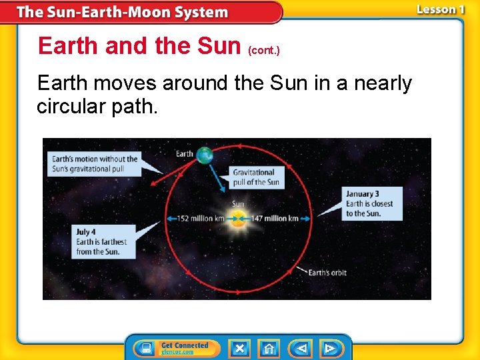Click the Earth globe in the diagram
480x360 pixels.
click(205, 155)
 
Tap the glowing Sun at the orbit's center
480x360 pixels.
click(237, 217)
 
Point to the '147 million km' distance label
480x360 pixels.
click(275, 218)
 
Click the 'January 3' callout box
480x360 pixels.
click(372, 203)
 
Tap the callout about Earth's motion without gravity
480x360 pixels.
click(95, 163)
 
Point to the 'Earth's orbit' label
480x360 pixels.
click(327, 272)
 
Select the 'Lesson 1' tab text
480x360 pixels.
click(440, 10)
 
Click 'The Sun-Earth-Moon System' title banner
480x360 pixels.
click(123, 12)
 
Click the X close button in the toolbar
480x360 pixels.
click(239, 348)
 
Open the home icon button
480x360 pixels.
click(269, 348)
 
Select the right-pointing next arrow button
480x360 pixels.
click(330, 348)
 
